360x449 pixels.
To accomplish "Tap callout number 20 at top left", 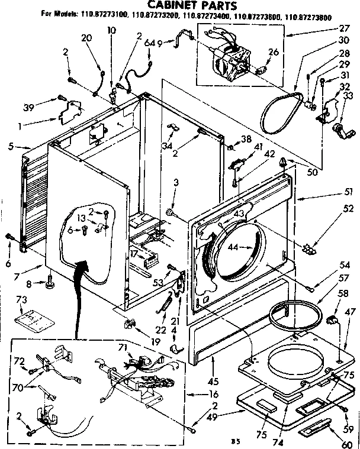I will pyautogui.click(x=86, y=37).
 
